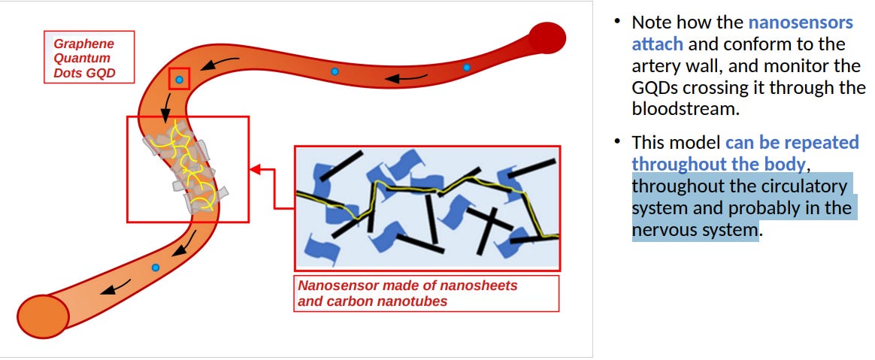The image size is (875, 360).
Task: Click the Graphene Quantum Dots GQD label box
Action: coord(89,58)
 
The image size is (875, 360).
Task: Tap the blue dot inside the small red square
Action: coord(179,79)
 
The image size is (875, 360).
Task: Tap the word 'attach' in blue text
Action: coord(657,44)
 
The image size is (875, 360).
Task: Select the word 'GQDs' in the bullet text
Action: coord(659,87)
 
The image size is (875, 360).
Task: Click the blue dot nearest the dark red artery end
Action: coord(466,68)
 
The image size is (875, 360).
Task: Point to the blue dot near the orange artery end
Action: coord(156,268)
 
